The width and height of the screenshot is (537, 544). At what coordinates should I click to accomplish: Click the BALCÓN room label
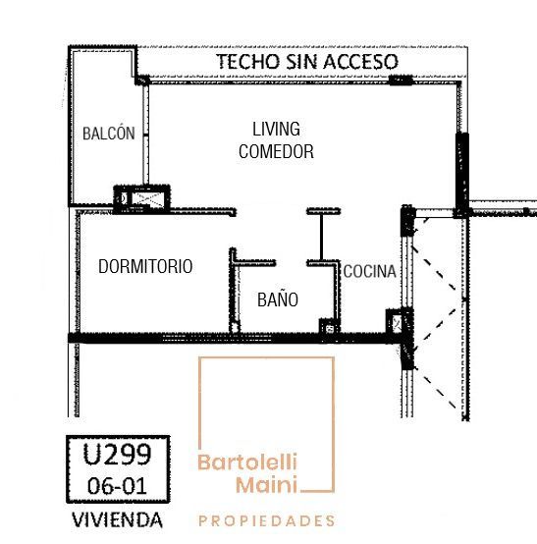109,134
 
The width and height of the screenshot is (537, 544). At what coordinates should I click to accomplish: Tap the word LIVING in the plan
276,129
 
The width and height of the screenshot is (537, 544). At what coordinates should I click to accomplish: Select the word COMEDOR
276,151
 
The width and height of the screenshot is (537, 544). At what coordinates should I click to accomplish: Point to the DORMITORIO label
145,266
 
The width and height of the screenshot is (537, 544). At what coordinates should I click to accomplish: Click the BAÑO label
278,299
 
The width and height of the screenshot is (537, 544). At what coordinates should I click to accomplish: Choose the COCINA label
369,271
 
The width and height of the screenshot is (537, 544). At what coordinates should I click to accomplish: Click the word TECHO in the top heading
248,62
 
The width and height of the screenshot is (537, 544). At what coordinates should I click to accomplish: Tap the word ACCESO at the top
360,62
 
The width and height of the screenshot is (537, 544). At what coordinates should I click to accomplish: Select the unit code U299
117,454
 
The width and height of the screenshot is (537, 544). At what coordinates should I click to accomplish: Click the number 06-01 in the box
117,486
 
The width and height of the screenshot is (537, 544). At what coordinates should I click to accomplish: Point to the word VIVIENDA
117,520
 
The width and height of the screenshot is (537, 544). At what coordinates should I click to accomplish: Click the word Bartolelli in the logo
247,462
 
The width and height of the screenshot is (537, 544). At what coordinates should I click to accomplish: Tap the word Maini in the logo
266,484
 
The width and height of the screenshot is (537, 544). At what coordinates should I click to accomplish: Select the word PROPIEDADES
267,520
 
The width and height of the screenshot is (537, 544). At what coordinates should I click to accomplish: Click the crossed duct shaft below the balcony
147,198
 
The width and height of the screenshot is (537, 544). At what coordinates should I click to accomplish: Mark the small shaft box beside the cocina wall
395,323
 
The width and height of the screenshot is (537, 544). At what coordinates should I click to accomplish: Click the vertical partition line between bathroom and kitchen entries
321,237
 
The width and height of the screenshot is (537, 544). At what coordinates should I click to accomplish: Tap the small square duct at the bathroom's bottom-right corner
329,327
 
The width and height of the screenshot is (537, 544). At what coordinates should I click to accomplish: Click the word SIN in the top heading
301,62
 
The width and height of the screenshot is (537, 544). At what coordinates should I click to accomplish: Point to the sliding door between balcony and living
146,136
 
